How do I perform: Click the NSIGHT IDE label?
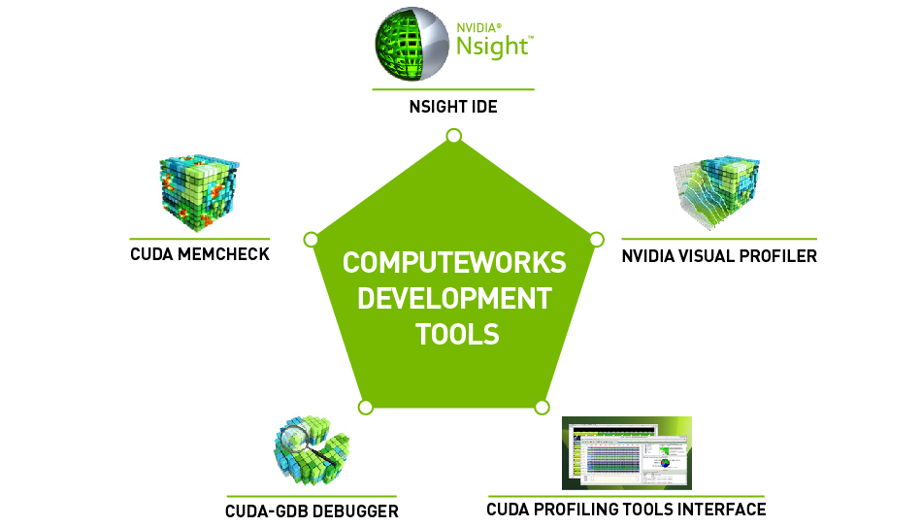[453, 106]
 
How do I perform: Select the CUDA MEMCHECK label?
[200, 255]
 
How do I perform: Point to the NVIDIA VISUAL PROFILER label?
[719, 256]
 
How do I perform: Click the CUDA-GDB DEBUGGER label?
[312, 511]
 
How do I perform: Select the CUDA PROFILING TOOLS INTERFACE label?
[626, 509]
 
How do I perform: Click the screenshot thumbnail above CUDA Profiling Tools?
[627, 453]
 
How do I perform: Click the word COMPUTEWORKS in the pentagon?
[454, 263]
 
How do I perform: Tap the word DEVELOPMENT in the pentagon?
[454, 298]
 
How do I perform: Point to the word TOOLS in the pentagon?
[457, 334]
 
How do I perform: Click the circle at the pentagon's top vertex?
[453, 135]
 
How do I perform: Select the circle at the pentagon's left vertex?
[311, 239]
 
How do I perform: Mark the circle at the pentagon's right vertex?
[597, 239]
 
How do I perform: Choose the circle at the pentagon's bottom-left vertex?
[365, 406]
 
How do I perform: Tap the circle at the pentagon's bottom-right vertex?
[542, 407]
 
